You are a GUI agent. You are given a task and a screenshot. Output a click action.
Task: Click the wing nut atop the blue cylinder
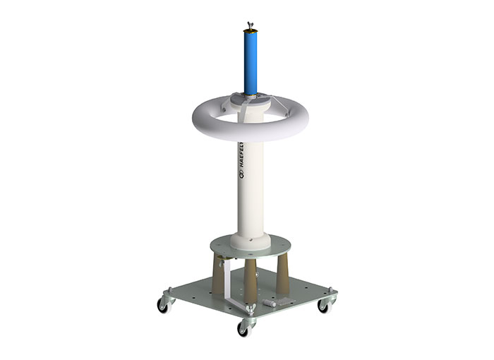251,25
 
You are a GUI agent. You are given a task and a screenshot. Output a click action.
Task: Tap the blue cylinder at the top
251,62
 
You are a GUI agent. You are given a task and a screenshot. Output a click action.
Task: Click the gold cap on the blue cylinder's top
251,30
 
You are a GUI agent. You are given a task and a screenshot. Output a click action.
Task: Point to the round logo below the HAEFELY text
241,174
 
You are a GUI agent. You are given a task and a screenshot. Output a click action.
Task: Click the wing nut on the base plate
251,308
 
